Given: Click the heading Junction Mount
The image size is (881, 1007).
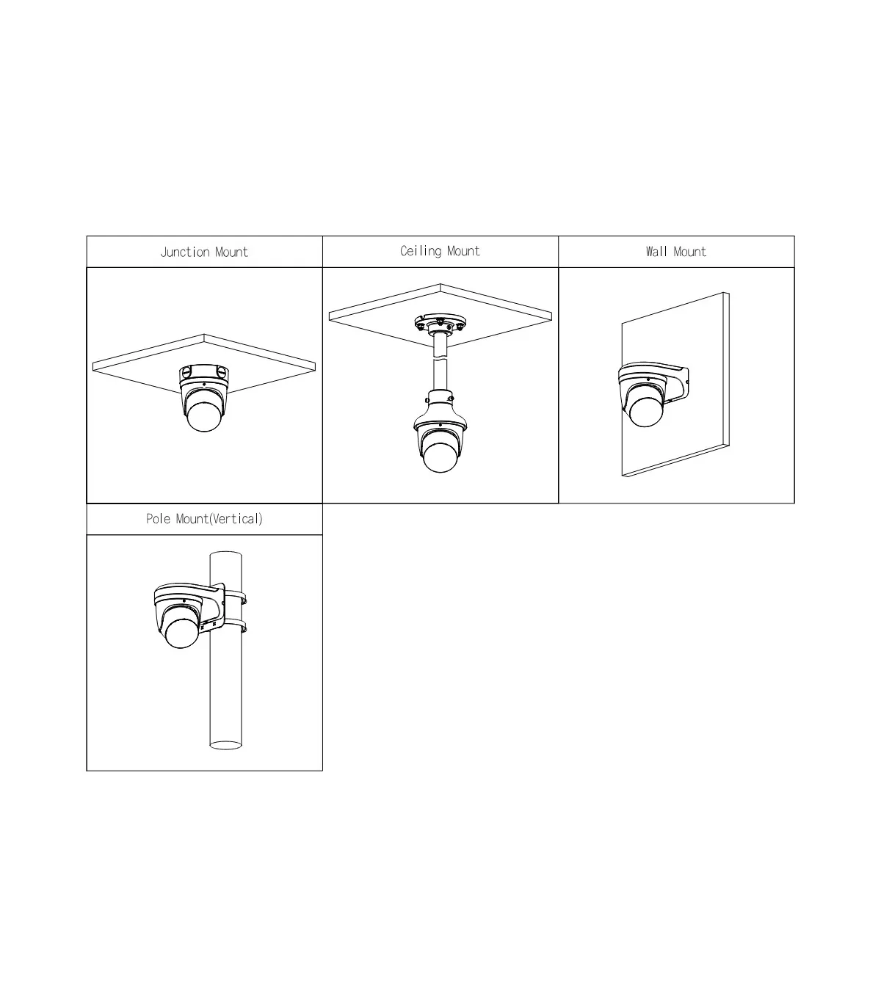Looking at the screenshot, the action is pos(204,252).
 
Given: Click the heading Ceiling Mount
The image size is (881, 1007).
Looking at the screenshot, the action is pos(440,251).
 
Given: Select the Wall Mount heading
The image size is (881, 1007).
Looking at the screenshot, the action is pos(675,252).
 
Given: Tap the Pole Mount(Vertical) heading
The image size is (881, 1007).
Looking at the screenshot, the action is pos(204,519).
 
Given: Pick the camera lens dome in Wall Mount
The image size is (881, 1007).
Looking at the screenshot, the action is pos(645,412).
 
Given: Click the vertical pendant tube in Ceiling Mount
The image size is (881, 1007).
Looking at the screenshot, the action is pos(440,363).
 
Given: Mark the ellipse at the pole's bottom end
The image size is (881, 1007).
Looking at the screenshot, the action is pos(226,745).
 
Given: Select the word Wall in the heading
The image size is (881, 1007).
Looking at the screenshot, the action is pos(657,252).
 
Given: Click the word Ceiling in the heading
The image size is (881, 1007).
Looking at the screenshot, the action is pos(421,251).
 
